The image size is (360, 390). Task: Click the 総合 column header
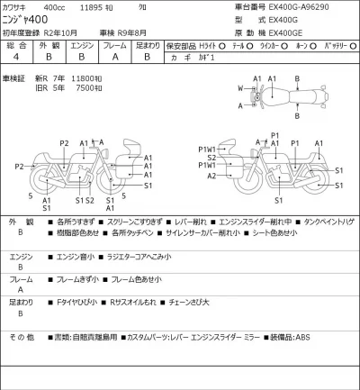16,43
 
